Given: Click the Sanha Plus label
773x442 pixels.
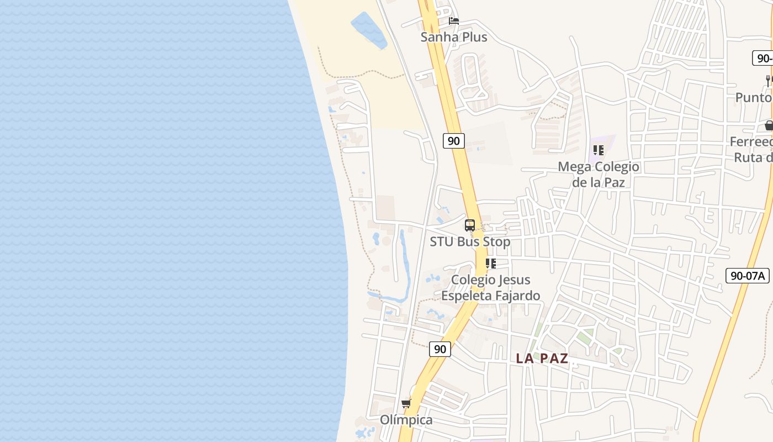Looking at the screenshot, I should [x=454, y=37].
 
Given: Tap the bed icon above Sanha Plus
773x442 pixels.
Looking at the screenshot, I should [x=454, y=21].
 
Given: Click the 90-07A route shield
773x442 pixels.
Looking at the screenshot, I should [x=747, y=276].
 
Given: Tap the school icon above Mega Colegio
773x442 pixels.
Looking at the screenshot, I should [x=599, y=150].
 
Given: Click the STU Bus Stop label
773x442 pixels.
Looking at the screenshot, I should [x=470, y=241].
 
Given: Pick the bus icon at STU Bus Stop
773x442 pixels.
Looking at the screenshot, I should [x=470, y=225].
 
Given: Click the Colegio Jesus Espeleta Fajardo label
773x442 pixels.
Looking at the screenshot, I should [x=490, y=287].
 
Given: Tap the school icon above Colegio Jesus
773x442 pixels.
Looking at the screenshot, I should [x=490, y=264].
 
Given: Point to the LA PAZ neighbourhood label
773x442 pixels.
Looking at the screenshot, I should [x=542, y=358].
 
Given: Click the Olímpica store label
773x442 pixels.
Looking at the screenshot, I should [x=406, y=420].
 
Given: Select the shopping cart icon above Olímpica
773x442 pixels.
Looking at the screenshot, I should [x=406, y=403].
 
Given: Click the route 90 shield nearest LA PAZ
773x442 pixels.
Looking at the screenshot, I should [x=440, y=349].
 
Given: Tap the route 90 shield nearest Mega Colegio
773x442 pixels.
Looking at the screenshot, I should [x=453, y=141].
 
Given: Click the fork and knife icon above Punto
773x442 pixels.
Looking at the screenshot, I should [x=769, y=81].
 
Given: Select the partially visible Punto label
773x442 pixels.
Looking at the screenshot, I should [x=754, y=97].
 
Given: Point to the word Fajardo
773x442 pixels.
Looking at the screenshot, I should [x=517, y=296].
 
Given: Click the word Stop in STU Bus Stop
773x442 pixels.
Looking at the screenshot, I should [x=496, y=241].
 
